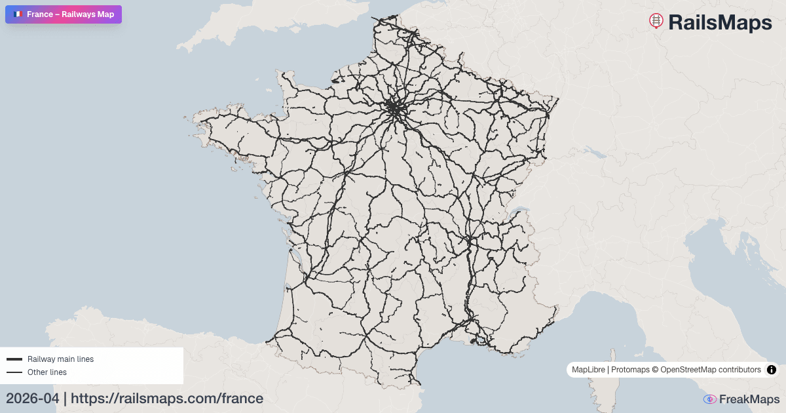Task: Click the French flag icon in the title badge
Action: (17, 14)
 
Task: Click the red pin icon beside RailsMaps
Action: (656, 21)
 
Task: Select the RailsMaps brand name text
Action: (720, 22)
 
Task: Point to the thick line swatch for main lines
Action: (14, 359)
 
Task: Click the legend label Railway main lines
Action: (60, 359)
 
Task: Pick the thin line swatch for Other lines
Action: (14, 372)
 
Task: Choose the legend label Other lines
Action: (47, 372)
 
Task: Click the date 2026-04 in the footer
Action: (32, 399)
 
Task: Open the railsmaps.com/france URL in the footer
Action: (167, 399)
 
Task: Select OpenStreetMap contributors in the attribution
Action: (711, 370)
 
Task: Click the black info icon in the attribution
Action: (772, 370)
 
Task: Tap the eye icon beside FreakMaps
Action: (709, 399)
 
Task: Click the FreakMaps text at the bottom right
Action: (749, 399)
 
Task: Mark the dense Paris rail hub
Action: (395, 108)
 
